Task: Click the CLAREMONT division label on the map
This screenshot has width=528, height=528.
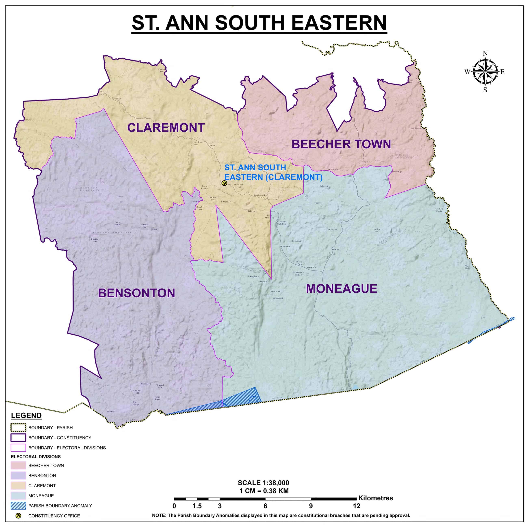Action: (166, 128)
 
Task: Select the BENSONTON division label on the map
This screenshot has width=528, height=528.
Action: (136, 293)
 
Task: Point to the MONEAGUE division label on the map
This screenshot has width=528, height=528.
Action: (341, 289)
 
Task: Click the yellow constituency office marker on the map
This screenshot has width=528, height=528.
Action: (224, 183)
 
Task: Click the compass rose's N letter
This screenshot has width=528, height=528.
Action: (485, 53)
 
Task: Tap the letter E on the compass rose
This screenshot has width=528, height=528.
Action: (502, 72)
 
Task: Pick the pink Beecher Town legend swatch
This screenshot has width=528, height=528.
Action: (18, 465)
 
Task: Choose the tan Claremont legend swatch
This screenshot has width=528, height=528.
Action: (18, 486)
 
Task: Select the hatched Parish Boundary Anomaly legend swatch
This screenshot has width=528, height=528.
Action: (18, 506)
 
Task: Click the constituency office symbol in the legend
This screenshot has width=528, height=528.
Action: (18, 516)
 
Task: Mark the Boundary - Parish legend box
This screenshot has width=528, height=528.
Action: (18, 427)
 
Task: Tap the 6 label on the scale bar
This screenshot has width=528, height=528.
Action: (265, 506)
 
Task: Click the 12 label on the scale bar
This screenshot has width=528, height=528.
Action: (356, 506)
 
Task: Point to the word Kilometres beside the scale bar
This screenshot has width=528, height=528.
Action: (375, 498)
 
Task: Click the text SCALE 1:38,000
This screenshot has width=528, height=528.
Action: (263, 483)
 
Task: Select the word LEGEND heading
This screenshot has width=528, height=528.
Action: (26, 415)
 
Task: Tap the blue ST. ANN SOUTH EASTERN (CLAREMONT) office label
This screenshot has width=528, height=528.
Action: (273, 172)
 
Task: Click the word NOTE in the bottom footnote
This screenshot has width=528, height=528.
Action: (159, 515)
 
